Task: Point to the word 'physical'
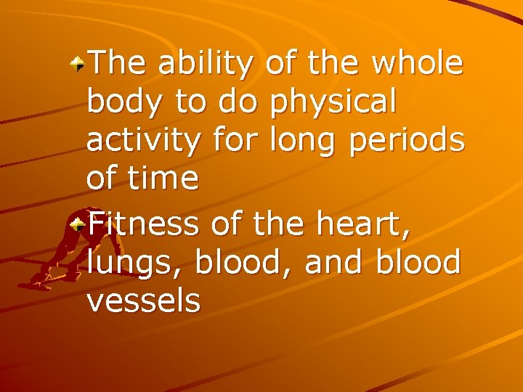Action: pyautogui.click(x=332, y=103)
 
